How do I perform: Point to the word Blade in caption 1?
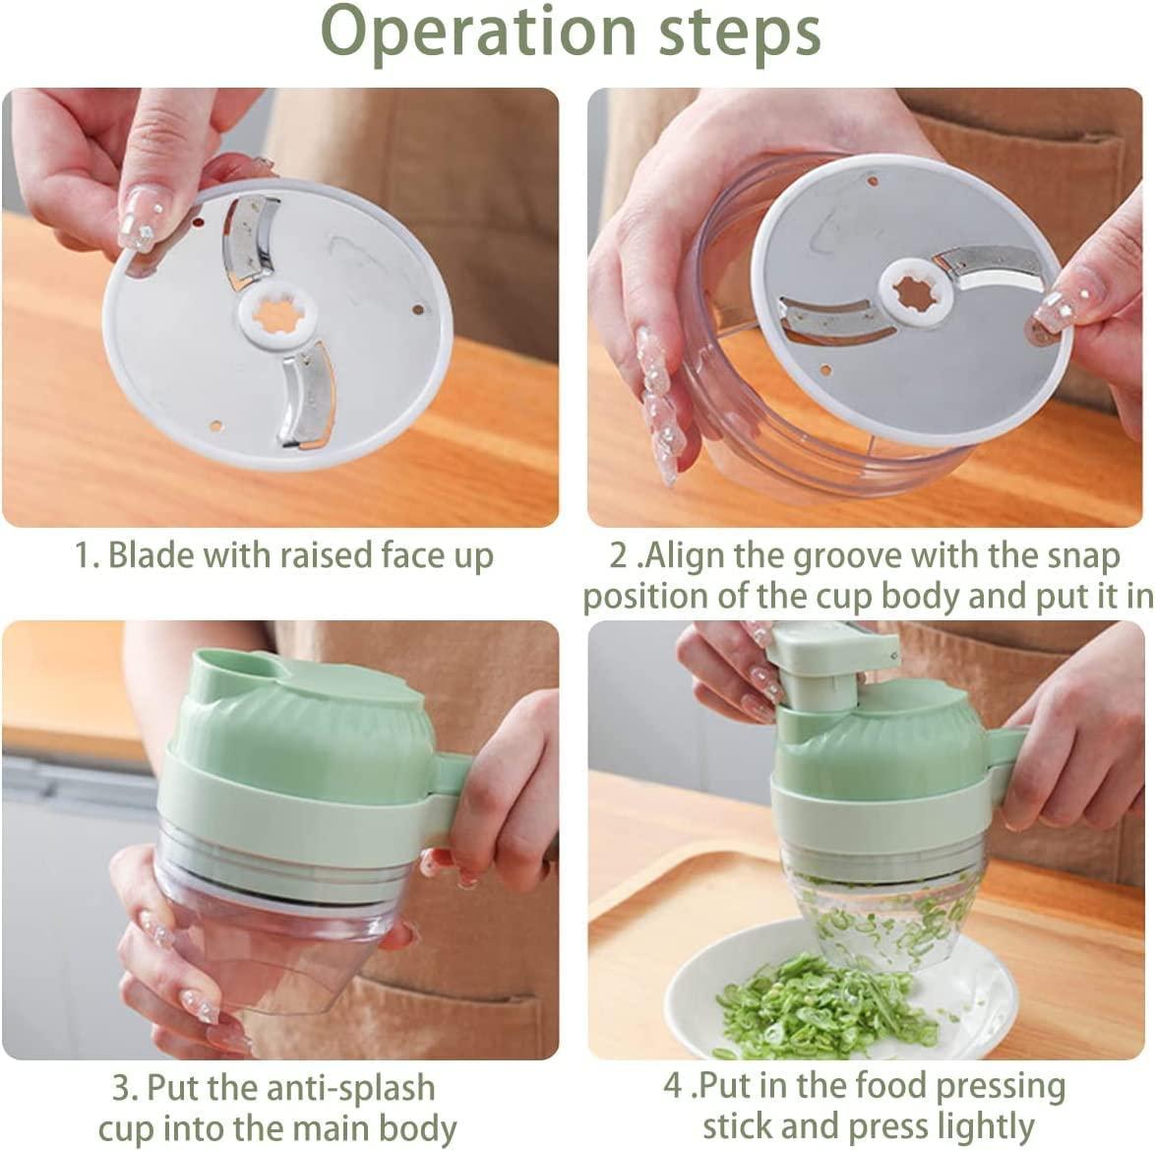pyautogui.click(x=151, y=556)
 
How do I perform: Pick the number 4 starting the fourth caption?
pyautogui.click(x=673, y=1087)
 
